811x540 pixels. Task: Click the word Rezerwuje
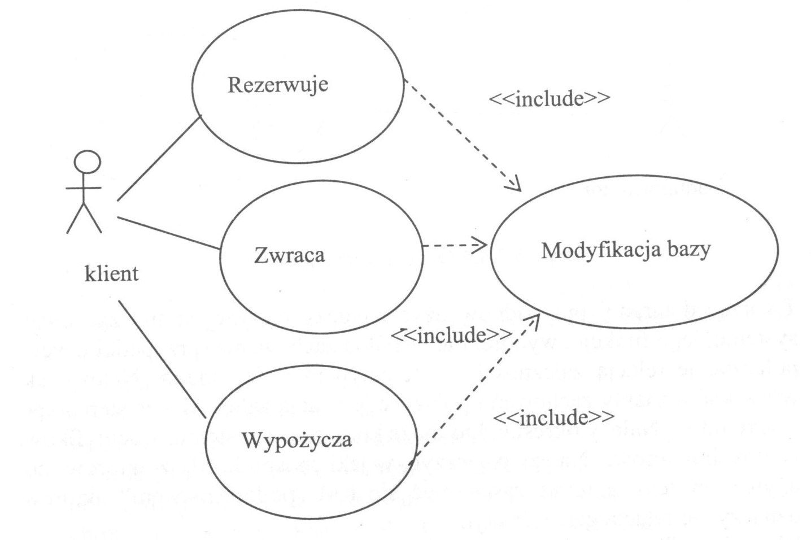[x=277, y=85]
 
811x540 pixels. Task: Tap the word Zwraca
[x=289, y=255]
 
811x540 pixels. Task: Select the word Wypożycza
[x=297, y=440]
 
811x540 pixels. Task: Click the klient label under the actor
[x=111, y=274]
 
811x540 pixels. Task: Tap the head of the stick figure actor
[x=88, y=162]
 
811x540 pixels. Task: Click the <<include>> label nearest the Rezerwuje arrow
[x=549, y=98]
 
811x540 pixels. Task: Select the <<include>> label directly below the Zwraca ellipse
[x=451, y=336]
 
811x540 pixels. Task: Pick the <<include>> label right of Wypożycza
[x=553, y=418]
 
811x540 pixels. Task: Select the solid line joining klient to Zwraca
[x=168, y=233]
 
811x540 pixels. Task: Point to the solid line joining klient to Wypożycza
[x=163, y=360]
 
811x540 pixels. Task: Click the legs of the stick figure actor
[x=84, y=217]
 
